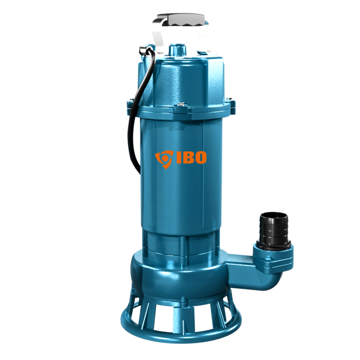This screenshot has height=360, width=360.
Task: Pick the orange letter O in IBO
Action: click(200, 157)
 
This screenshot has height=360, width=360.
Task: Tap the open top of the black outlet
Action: click(274, 215)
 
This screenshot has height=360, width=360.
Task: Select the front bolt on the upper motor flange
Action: click(182, 105)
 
